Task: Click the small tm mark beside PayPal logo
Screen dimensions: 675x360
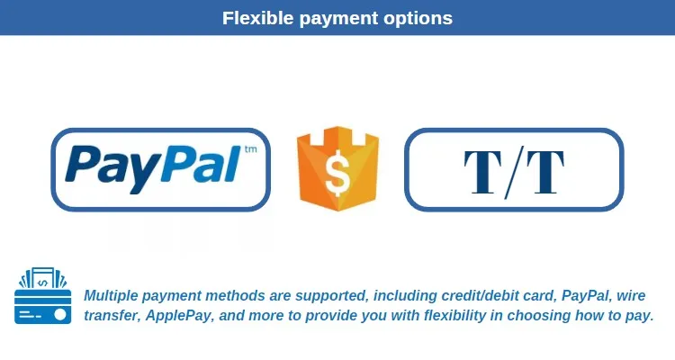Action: tap(250, 149)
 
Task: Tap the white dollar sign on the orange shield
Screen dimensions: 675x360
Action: tap(337, 173)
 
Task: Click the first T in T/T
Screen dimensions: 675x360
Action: tap(482, 172)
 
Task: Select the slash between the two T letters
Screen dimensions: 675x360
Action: tap(514, 172)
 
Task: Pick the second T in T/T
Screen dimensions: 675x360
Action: tap(545, 172)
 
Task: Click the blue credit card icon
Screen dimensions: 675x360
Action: tap(42, 295)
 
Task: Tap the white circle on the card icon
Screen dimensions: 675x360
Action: tap(59, 315)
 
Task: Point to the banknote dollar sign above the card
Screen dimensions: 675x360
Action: tap(42, 283)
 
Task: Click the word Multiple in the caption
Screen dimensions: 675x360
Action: tap(111, 296)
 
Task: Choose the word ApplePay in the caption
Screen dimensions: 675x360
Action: tap(178, 316)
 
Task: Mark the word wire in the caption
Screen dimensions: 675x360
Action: tap(631, 296)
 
